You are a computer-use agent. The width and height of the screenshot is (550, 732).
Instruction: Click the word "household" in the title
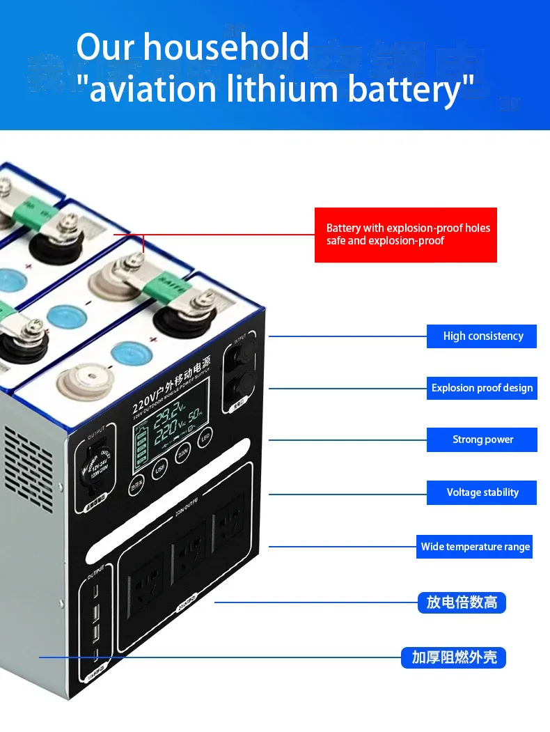point(226,48)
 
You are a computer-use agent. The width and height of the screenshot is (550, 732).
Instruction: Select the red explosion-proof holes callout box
point(405,235)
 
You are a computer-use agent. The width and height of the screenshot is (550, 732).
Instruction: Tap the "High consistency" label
point(482,336)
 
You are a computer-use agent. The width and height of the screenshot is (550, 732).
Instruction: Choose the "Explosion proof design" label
point(482,388)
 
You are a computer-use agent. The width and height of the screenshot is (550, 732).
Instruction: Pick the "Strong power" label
point(482,439)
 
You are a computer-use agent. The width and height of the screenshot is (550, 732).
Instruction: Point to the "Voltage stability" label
point(482,492)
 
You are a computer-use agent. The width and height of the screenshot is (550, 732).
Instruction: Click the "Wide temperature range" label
point(476,547)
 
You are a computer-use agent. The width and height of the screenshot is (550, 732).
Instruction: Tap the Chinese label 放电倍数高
point(462,602)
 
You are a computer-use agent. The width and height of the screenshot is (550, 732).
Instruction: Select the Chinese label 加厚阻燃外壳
point(453,657)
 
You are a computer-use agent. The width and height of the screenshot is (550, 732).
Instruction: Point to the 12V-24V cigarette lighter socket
point(93,467)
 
